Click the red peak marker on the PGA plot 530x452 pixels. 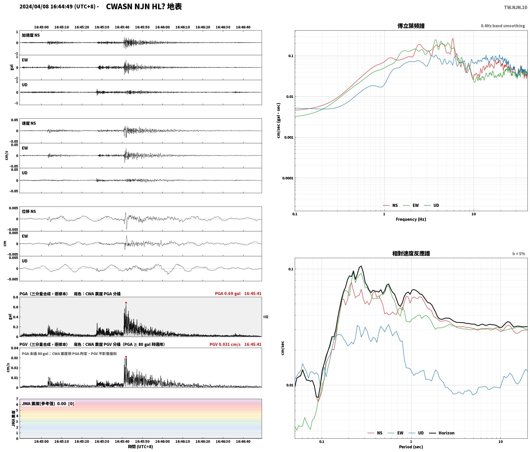click(x=126, y=303)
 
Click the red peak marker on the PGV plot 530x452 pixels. click(x=126, y=357)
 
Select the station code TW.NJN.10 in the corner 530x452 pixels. click(x=516, y=7)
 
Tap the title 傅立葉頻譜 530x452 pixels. click(x=411, y=26)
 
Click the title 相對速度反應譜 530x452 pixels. click(x=411, y=253)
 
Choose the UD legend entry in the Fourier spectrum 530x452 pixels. click(x=431, y=205)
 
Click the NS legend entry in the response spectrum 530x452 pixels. click(x=375, y=433)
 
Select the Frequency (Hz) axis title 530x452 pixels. click(x=411, y=219)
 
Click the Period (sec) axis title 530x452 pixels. click(x=411, y=447)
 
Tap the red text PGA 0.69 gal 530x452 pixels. click(x=228, y=294)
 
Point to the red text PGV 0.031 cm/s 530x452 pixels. click(x=225, y=344)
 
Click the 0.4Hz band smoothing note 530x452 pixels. click(x=503, y=26)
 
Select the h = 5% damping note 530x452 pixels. click(x=519, y=254)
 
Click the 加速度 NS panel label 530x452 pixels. click(x=31, y=35)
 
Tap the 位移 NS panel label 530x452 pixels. click(x=29, y=211)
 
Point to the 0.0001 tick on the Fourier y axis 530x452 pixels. click(x=288, y=178)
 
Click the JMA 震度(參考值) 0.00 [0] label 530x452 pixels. click(x=48, y=404)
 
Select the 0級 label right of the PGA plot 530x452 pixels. click(x=266, y=317)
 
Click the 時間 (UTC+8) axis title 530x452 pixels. click(x=141, y=447)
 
